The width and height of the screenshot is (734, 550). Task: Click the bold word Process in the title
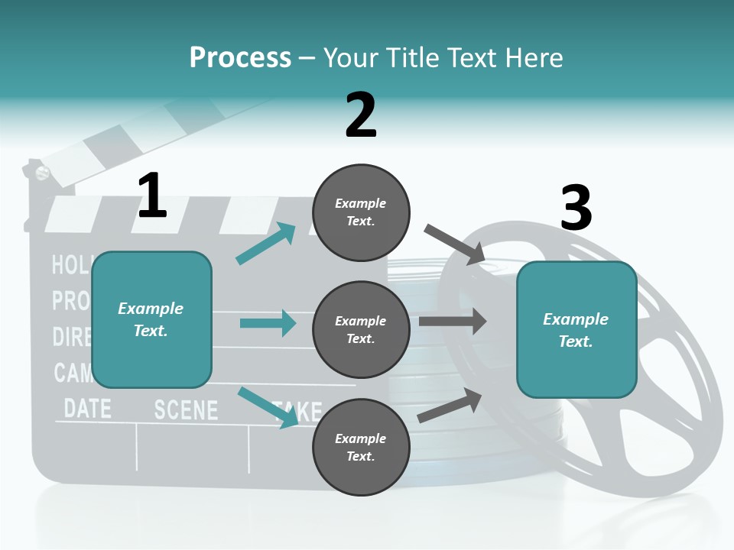(x=240, y=57)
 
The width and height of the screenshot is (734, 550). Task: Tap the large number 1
(x=152, y=196)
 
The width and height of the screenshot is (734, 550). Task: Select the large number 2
(x=361, y=115)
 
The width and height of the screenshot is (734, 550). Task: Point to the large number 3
(x=576, y=208)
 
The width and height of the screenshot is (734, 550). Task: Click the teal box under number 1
(x=151, y=319)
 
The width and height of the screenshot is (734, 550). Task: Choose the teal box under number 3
(x=576, y=329)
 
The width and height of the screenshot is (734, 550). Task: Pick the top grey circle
(x=361, y=212)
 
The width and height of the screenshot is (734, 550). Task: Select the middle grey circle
(x=361, y=329)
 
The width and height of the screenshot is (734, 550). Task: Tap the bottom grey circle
(x=361, y=447)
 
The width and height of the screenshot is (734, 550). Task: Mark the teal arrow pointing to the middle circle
(x=268, y=323)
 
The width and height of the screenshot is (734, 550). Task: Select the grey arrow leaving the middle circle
(x=453, y=322)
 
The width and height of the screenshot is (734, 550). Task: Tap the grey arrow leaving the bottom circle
(x=450, y=405)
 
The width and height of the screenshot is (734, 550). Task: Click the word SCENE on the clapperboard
(x=186, y=409)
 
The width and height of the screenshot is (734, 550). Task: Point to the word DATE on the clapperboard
(x=87, y=407)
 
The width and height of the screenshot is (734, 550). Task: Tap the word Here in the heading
(x=532, y=57)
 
